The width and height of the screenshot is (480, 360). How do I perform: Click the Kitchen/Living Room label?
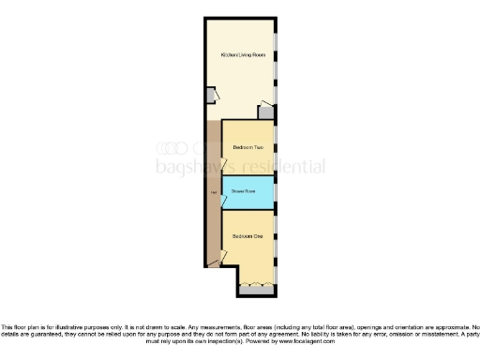[x=243, y=55]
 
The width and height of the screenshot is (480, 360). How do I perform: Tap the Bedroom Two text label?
[x=247, y=147]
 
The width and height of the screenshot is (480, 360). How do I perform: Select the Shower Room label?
[x=244, y=191]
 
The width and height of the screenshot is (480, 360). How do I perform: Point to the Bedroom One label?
[x=247, y=236]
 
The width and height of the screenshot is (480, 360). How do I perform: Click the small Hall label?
[x=214, y=193]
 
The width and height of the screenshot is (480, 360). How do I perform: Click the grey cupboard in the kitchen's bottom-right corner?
[x=267, y=112]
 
